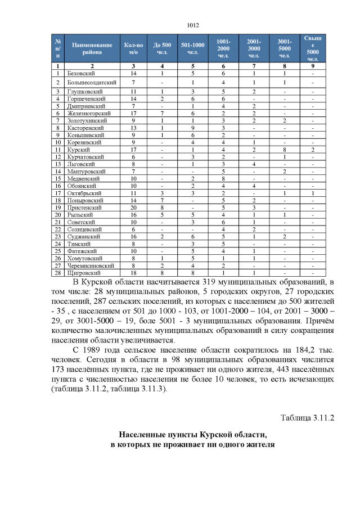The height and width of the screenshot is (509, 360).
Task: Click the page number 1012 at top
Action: point(193,25)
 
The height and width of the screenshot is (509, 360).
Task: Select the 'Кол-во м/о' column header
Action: point(133,48)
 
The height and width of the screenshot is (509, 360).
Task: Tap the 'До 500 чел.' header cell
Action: point(162,48)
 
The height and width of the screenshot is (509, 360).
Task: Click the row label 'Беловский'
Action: point(78,73)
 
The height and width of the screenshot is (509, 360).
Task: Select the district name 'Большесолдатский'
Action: point(88,83)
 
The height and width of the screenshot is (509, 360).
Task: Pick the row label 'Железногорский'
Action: point(85,113)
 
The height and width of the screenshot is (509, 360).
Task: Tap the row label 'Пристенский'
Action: point(82,208)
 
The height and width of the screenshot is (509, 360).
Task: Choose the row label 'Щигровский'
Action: point(82,273)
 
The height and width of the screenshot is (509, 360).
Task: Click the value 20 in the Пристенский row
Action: point(133,208)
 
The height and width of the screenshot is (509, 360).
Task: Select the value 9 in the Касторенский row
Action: point(192,128)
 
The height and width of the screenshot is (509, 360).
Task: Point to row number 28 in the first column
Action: point(58,273)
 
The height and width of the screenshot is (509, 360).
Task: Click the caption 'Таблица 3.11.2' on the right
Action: point(307,418)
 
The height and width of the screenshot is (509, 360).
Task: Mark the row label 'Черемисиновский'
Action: point(91,265)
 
